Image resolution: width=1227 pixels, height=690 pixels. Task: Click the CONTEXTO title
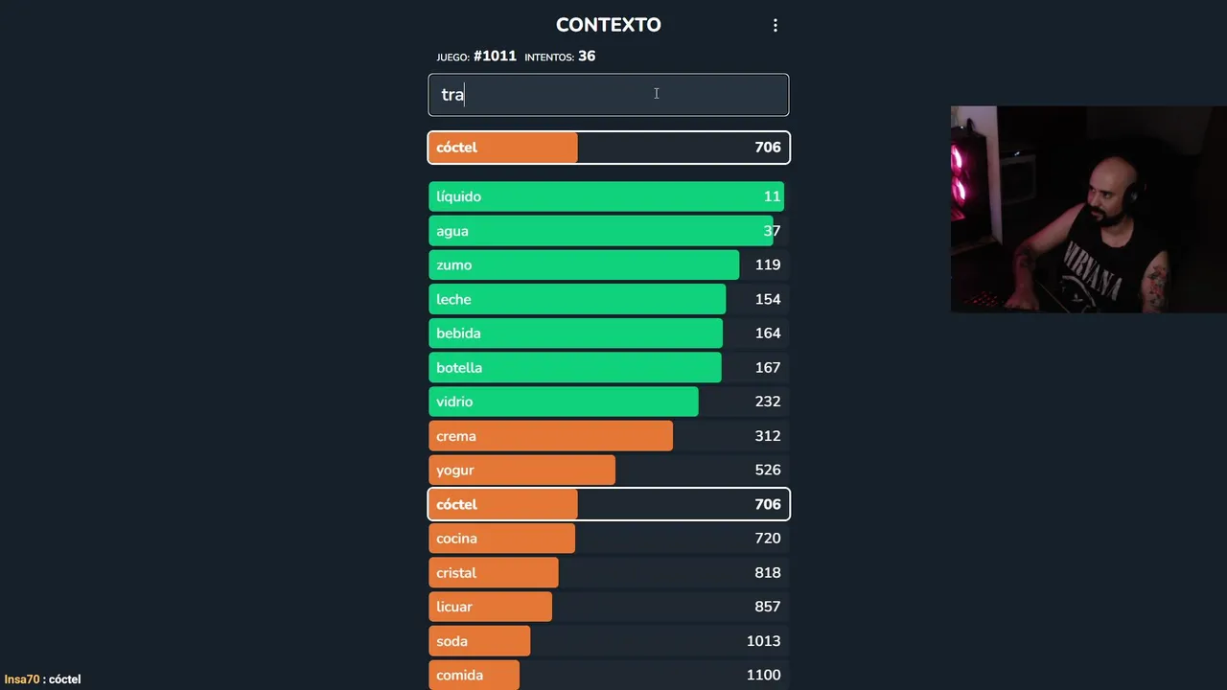pyautogui.click(x=608, y=25)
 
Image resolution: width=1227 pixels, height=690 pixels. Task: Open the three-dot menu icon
pyautogui.click(x=776, y=26)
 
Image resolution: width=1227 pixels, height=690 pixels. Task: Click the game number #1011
pyautogui.click(x=495, y=57)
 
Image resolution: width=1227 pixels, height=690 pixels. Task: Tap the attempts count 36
pyautogui.click(x=587, y=57)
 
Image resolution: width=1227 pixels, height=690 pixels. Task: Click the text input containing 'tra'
pyautogui.click(x=608, y=95)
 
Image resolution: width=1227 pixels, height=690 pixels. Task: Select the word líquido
pyautogui.click(x=458, y=196)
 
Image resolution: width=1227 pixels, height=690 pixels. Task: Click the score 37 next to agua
pyautogui.click(x=772, y=231)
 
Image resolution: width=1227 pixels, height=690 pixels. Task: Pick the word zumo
pyautogui.click(x=453, y=265)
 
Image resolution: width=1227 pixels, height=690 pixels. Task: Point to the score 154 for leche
pyautogui.click(x=767, y=299)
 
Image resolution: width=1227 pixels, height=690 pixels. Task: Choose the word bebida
pyautogui.click(x=458, y=333)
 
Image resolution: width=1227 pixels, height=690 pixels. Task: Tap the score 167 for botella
pyautogui.click(x=767, y=368)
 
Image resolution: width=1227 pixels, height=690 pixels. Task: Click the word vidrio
pyautogui.click(x=454, y=402)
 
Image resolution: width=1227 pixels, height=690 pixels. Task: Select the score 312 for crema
pyautogui.click(x=767, y=436)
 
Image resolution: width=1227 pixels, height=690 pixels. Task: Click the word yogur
pyautogui.click(x=455, y=471)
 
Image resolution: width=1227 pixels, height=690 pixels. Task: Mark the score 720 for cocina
pyautogui.click(x=767, y=539)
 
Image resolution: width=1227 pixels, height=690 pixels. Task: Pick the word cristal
pyautogui.click(x=456, y=573)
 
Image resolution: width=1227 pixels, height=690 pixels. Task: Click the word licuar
pyautogui.click(x=454, y=607)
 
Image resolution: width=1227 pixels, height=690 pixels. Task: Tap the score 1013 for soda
pyautogui.click(x=763, y=641)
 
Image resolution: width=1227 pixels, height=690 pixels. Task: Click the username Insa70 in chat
pyautogui.click(x=22, y=679)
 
